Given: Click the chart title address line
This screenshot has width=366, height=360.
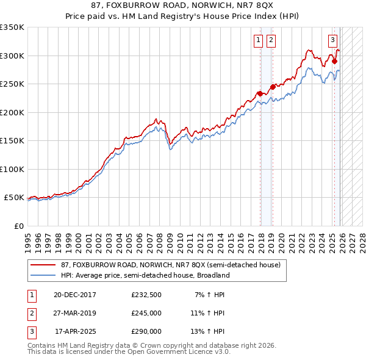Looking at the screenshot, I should point(183,7).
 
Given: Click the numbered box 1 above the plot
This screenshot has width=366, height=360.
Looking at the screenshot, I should point(258,40).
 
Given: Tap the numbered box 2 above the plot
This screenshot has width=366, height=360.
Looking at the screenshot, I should point(270,40).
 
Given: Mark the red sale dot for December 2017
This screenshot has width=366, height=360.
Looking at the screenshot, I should point(260,93).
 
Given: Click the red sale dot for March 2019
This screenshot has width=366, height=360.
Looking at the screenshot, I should point(273,87).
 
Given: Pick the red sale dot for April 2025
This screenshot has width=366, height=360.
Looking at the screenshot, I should point(335,61).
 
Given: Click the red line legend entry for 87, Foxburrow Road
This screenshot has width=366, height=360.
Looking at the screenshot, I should point(170,265).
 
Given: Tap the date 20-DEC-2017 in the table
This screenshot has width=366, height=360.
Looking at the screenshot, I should point(74,295).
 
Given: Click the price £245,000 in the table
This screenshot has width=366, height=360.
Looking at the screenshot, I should point(146,313).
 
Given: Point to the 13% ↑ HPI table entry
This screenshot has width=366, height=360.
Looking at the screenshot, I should point(207,331).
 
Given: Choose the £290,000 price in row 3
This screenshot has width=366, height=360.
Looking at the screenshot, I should point(146,331).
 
